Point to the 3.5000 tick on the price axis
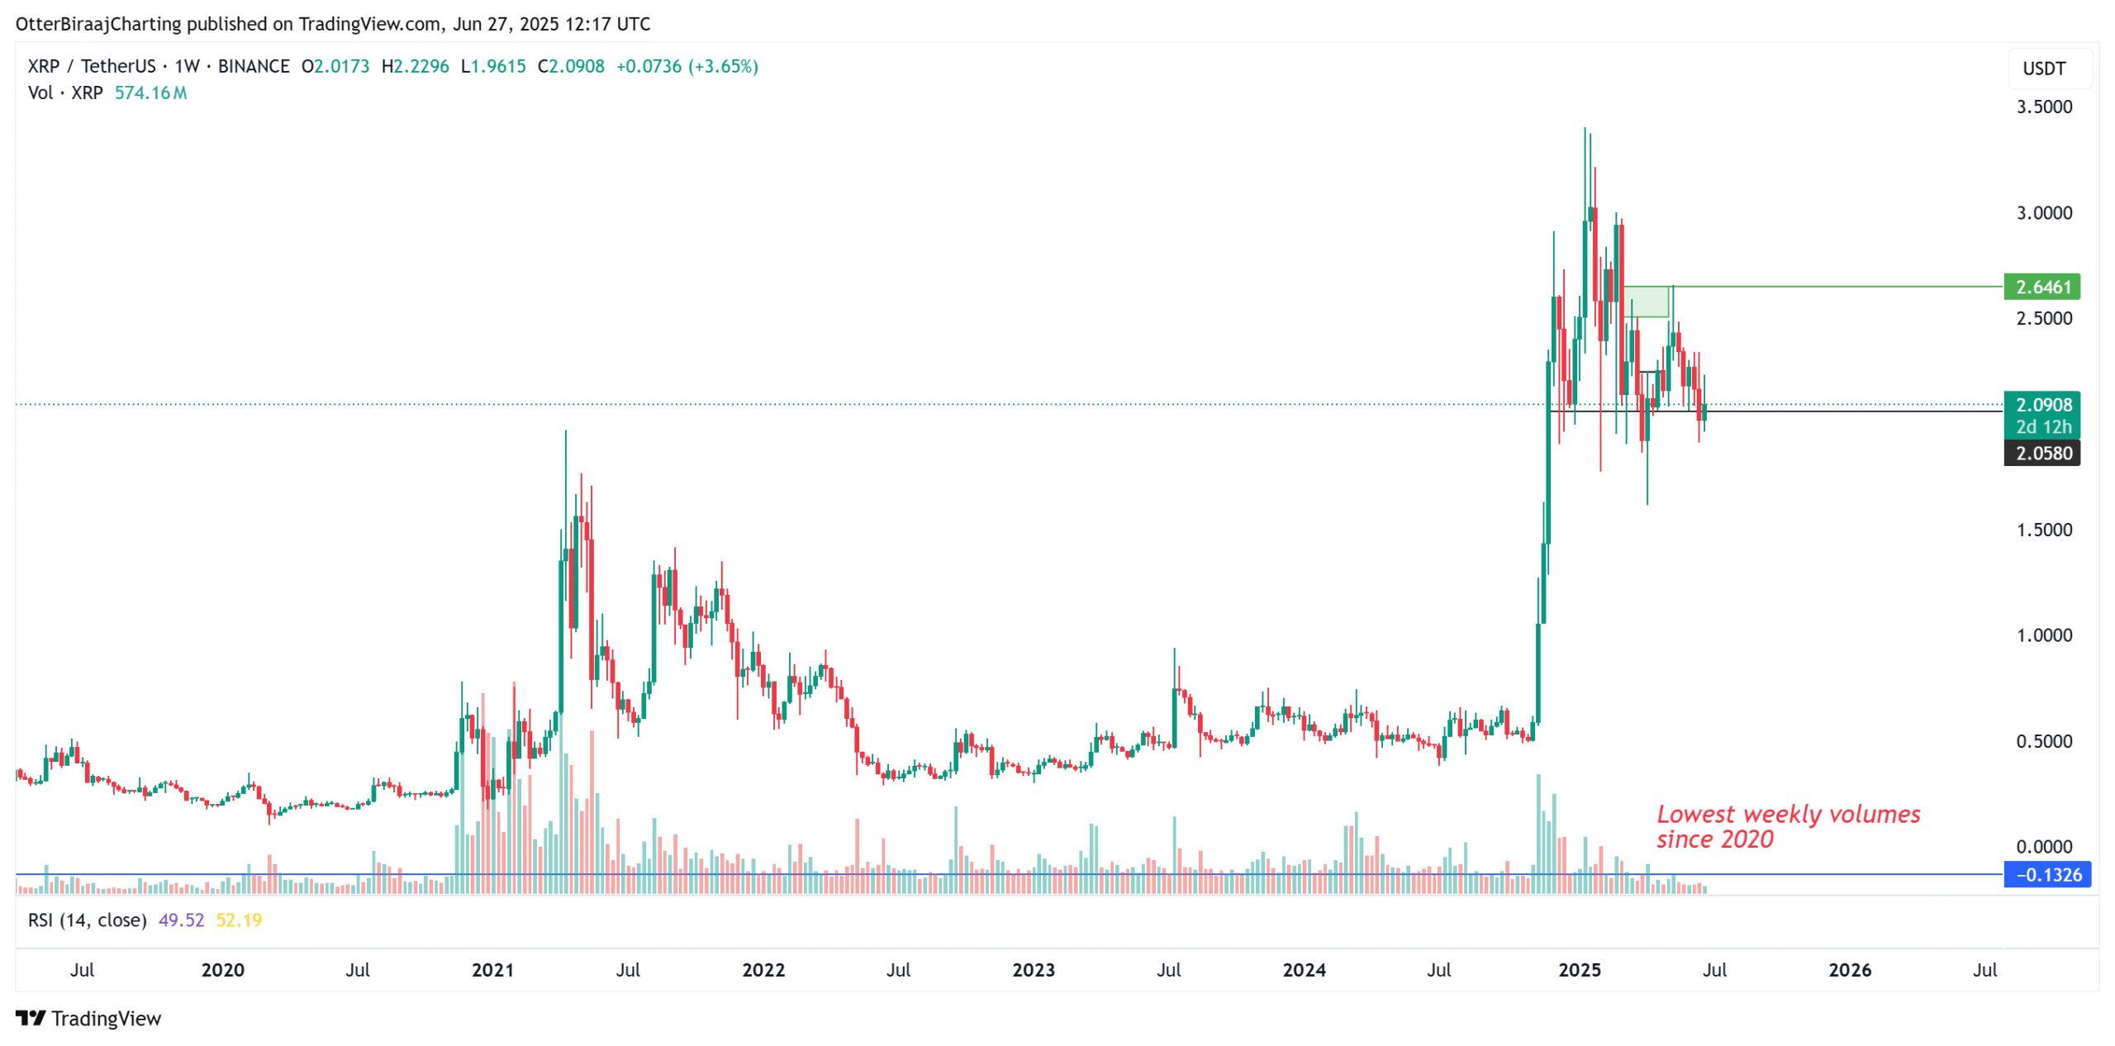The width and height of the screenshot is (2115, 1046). coord(2043,107)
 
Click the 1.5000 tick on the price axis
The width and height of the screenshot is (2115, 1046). coord(2043,530)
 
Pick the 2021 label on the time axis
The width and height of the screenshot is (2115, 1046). coord(492,969)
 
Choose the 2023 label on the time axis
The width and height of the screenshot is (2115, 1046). coord(1033,969)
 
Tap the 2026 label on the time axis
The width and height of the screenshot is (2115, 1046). coord(1849,969)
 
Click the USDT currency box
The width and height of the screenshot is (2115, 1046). coord(2043,69)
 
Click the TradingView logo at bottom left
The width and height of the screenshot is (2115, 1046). coord(88,1018)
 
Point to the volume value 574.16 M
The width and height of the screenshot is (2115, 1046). coord(150,93)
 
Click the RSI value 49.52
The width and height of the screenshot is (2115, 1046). coord(181,920)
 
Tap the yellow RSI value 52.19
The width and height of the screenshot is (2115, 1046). coord(239,920)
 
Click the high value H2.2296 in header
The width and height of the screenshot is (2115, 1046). coord(415,66)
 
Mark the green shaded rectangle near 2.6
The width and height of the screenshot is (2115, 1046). coord(1645,302)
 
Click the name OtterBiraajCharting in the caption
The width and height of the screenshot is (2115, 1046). coord(98,24)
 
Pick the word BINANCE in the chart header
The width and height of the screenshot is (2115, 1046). coord(254,66)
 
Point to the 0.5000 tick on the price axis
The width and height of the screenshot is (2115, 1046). coord(2043,741)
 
